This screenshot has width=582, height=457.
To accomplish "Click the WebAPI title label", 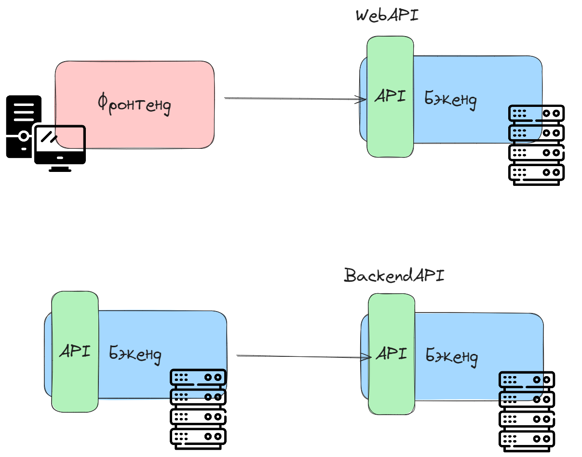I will click(x=387, y=15).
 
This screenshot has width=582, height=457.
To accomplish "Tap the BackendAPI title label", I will click(x=394, y=276).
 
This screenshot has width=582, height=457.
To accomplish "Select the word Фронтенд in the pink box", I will click(x=134, y=104).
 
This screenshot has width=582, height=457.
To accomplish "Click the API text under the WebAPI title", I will click(x=390, y=96).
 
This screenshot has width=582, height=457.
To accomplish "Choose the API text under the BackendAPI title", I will click(x=391, y=354).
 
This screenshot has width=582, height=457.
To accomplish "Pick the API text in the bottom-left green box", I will click(x=75, y=351).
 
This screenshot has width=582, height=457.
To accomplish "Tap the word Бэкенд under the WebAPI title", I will click(x=451, y=100).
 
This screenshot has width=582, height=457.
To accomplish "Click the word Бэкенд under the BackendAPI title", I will click(x=452, y=357).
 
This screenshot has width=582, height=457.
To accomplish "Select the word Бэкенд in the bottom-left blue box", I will click(x=135, y=354).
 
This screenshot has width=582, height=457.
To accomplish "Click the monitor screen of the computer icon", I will click(x=60, y=144).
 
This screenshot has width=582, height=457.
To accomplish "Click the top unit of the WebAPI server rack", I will click(x=536, y=113).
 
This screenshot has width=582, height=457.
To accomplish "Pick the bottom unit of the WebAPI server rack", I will click(x=536, y=172).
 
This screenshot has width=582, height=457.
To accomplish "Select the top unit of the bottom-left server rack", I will click(x=198, y=377).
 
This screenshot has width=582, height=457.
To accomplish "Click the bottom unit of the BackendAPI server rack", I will click(x=527, y=439).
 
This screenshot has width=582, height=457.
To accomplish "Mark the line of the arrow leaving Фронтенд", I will click(x=289, y=99).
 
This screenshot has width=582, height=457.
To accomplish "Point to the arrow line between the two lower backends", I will click(x=299, y=356).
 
